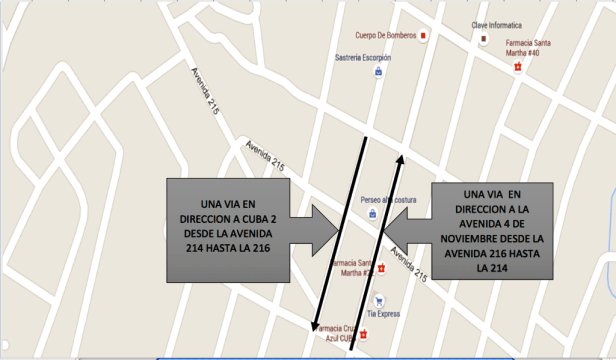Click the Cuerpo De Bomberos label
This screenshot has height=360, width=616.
point(377,36)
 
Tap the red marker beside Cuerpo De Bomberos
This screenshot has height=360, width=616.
point(423,36)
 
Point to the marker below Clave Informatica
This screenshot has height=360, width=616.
point(484,40)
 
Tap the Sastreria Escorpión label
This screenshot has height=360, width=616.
point(363,58)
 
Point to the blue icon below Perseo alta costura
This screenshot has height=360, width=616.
point(372,213)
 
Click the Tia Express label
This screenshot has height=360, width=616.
point(385,313)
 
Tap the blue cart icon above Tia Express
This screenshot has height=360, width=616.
point(378,299)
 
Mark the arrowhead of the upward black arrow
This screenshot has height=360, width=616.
point(401,157)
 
